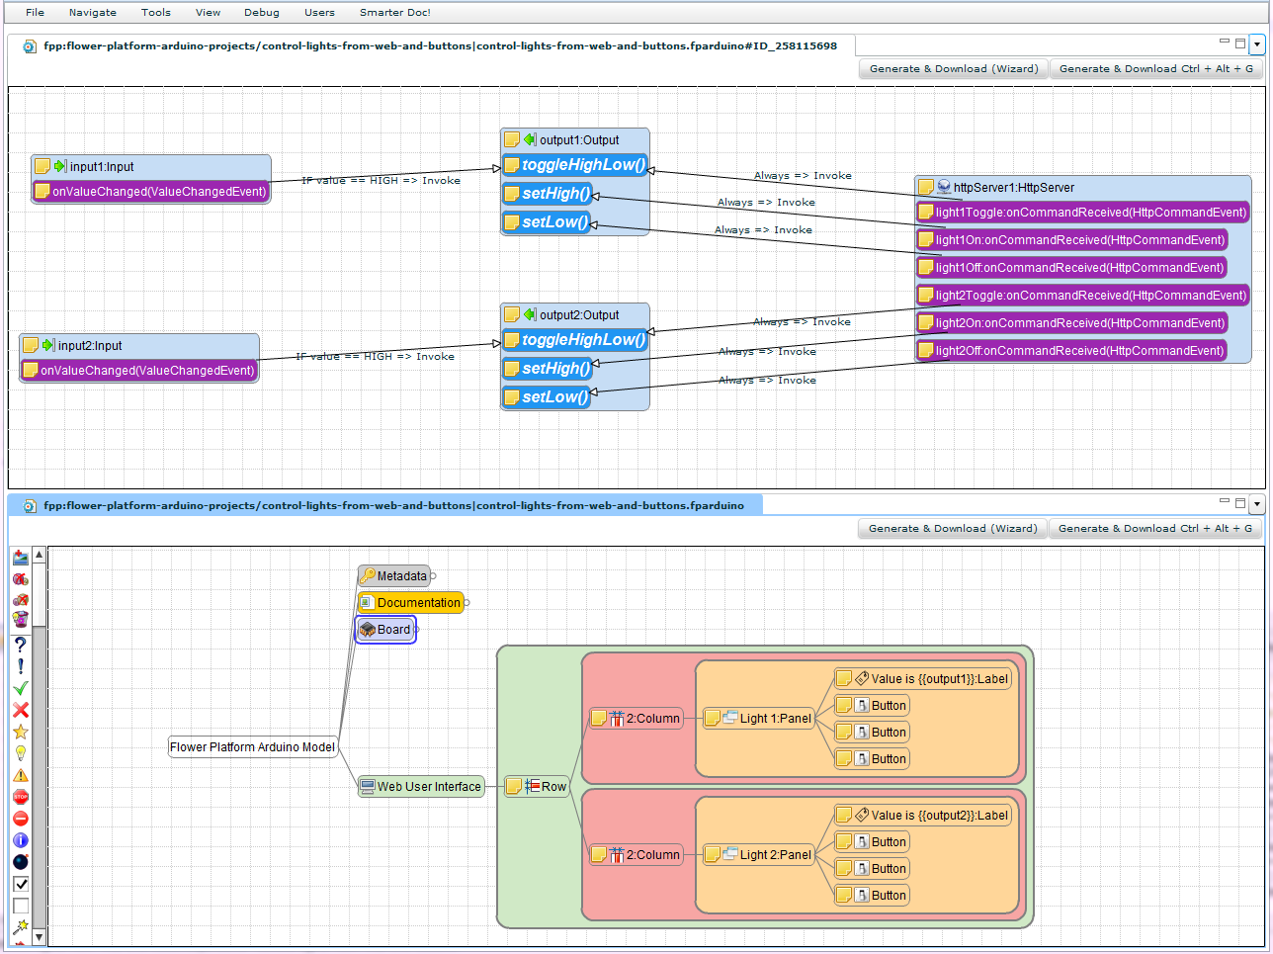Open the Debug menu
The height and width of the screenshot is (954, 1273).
[261, 13]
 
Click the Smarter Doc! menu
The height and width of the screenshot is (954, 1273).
[394, 13]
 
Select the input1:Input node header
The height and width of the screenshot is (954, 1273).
[101, 167]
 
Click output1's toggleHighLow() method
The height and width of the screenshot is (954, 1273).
[582, 165]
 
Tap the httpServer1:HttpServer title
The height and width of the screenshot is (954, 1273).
[1013, 187]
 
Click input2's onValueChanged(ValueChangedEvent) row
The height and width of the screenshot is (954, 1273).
[146, 371]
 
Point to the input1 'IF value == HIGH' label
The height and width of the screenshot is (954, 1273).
[381, 181]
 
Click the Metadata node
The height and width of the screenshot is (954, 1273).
[401, 576]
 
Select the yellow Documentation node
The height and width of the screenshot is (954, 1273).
[418, 603]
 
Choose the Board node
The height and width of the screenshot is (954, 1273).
[392, 630]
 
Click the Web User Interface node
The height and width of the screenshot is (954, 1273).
[428, 787]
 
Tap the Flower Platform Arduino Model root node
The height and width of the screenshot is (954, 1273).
[252, 747]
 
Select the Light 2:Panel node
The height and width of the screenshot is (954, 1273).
[775, 855]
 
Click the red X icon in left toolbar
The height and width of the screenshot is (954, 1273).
[21, 710]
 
